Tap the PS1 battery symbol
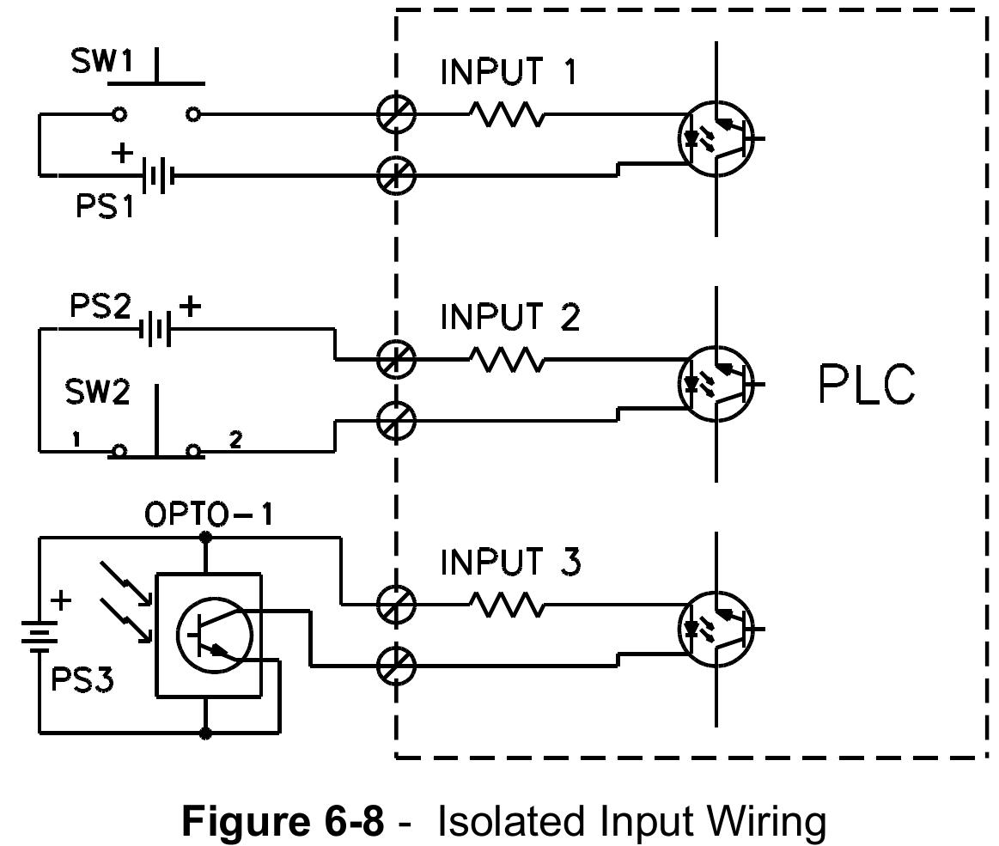(157, 176)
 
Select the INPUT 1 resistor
(507, 113)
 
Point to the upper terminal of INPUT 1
(396, 113)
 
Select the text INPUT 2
(510, 317)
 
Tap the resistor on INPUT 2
(507, 359)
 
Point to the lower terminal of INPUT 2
(396, 421)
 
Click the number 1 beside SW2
(76, 440)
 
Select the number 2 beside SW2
(235, 440)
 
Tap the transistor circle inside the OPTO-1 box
(214, 635)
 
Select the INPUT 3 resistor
(507, 606)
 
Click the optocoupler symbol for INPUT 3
(716, 630)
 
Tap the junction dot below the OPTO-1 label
(204, 538)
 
